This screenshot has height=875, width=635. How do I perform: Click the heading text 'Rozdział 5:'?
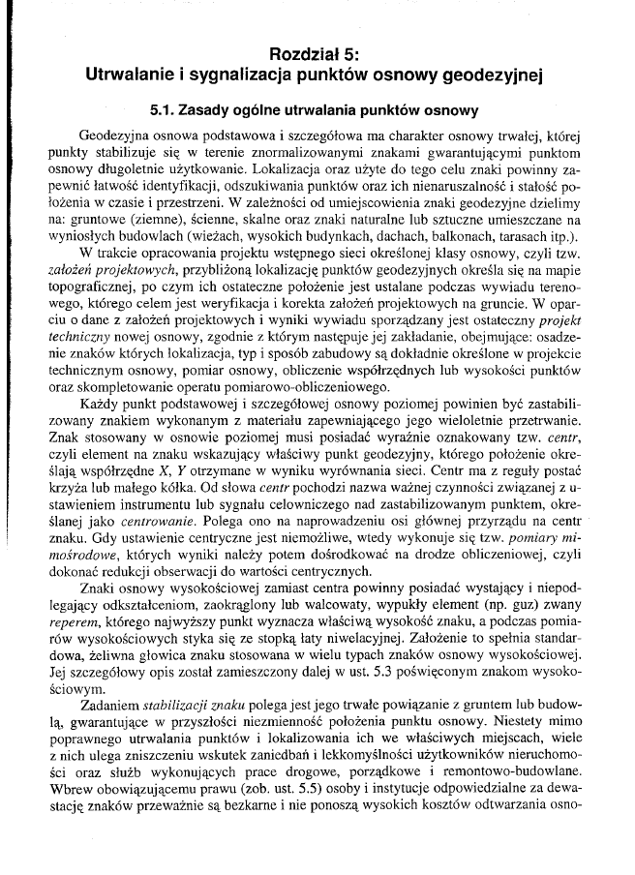[317, 54]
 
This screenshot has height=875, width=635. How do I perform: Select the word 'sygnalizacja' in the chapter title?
[227, 74]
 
